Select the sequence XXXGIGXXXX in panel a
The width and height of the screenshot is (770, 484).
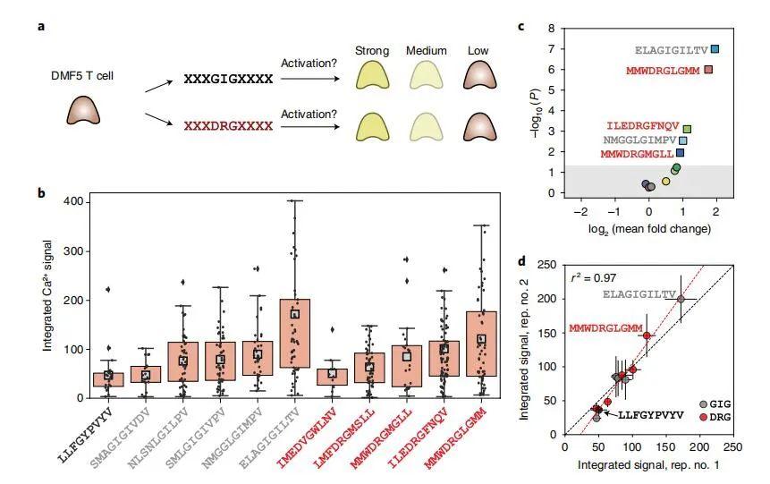point(228,80)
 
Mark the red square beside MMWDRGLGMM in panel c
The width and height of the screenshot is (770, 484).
point(708,70)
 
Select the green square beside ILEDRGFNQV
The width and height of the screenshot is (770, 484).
point(687,129)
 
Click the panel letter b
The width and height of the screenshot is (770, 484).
point(41,192)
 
